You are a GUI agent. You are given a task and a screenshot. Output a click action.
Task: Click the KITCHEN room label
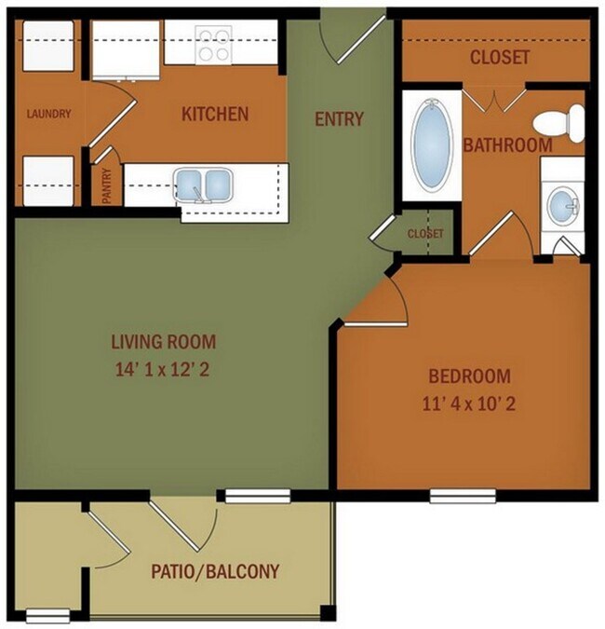214,115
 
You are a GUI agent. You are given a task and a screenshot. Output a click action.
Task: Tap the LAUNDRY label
49,115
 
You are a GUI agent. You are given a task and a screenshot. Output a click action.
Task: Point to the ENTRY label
339,118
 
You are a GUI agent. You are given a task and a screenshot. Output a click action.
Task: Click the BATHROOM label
507,146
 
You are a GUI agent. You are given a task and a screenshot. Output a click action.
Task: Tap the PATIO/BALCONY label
215,570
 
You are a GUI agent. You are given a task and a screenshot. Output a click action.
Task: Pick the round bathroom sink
561,205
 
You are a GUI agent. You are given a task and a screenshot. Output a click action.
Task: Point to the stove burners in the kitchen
213,44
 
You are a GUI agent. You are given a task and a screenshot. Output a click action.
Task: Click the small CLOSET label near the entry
424,233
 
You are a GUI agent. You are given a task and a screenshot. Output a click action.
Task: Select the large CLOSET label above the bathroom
500,58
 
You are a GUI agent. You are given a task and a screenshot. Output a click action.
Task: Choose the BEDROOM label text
469,376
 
